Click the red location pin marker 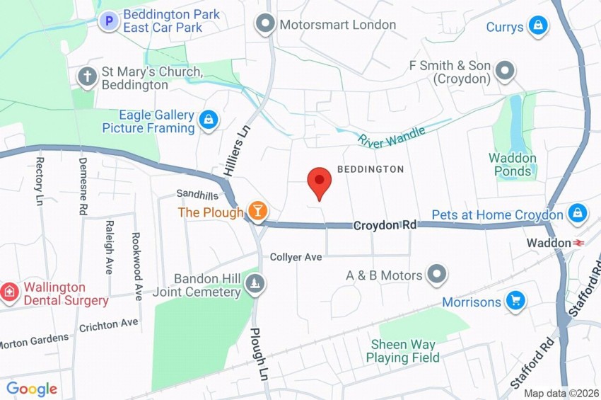tap(320, 183)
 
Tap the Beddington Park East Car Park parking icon tap(108, 21)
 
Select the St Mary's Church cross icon tap(87, 77)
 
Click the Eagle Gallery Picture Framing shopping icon tap(208, 121)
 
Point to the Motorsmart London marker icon tap(265, 25)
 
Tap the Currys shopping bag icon tap(538, 27)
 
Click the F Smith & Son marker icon tap(505, 71)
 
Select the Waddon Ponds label tap(513, 164)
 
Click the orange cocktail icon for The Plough tap(257, 211)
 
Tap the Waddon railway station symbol tap(579, 243)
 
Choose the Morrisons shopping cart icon tap(515, 302)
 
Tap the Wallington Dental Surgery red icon tap(10, 291)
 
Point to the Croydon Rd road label tap(385, 225)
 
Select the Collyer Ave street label tap(296, 257)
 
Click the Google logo tap(31, 389)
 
